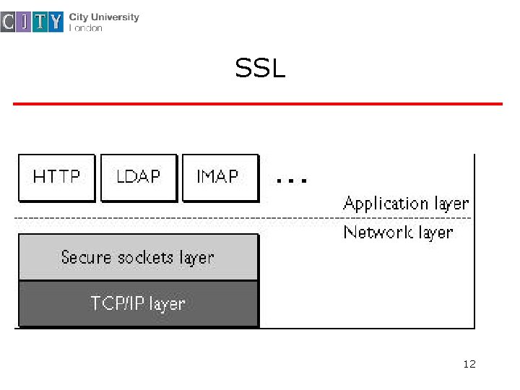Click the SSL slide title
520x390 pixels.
(x=260, y=69)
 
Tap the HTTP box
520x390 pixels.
(x=56, y=177)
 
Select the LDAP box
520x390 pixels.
(x=139, y=177)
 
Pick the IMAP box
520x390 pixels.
(x=220, y=177)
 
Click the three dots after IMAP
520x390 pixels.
(x=292, y=179)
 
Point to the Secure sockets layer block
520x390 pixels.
(x=137, y=257)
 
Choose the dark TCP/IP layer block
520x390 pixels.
(x=137, y=303)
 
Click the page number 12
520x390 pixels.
(x=469, y=364)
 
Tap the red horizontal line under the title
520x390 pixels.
(x=257, y=104)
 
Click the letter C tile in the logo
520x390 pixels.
(x=8, y=22)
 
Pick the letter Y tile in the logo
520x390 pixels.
(x=56, y=22)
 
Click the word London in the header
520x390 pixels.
(x=86, y=28)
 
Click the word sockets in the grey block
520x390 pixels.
(x=144, y=257)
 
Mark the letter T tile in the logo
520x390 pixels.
(x=40, y=22)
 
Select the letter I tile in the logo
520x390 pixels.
(x=24, y=22)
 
